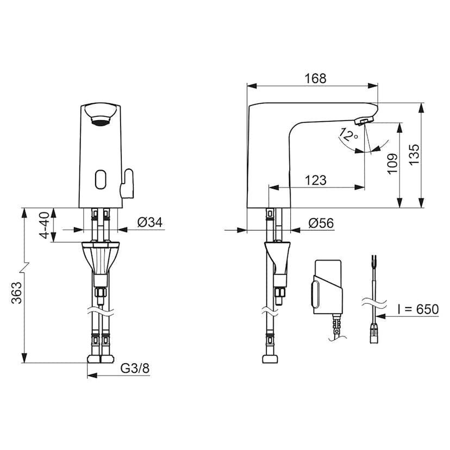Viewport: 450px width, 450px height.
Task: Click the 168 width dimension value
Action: pos(315,79)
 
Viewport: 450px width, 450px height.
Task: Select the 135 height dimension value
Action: pos(414,154)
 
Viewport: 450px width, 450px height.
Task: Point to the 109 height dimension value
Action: pos(392,164)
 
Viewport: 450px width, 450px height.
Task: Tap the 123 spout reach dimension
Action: pos(315,180)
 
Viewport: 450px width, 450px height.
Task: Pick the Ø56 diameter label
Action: pos(321,223)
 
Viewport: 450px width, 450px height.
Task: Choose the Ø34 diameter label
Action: pos(150,222)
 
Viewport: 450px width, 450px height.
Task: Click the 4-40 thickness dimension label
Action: pos(45,226)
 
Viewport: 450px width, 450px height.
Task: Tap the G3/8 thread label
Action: pos(135,368)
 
